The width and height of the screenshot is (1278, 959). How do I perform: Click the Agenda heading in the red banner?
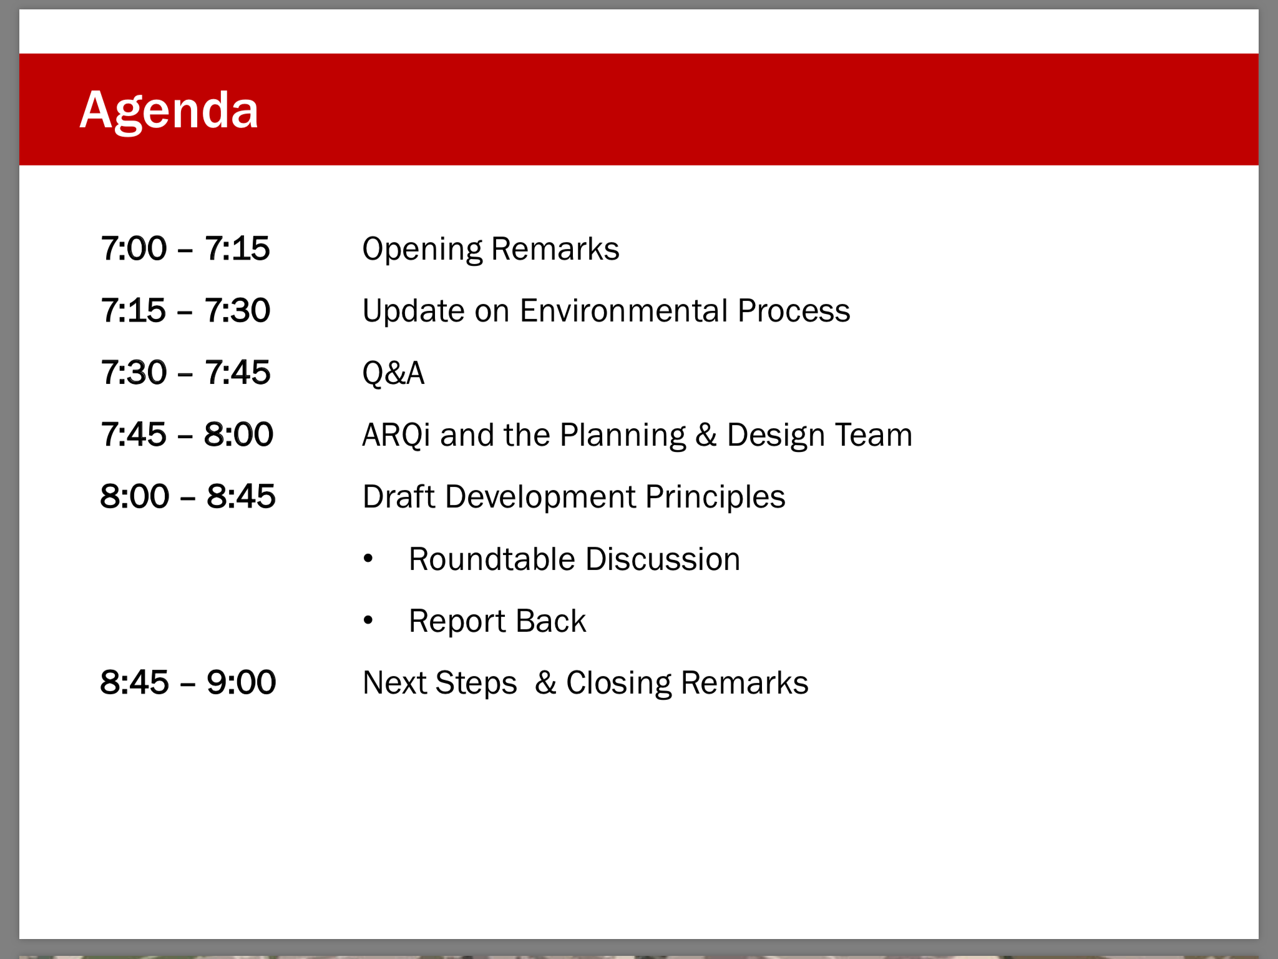[169, 111]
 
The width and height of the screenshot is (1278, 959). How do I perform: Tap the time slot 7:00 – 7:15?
[185, 248]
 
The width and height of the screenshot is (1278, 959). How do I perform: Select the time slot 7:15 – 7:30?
[185, 310]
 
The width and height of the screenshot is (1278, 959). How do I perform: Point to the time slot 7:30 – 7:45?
[185, 372]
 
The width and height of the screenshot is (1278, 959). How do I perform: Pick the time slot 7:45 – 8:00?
[187, 434]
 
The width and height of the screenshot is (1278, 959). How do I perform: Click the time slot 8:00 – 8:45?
[188, 496]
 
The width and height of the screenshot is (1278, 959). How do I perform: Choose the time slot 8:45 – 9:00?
[188, 682]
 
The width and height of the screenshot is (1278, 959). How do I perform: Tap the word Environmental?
[623, 310]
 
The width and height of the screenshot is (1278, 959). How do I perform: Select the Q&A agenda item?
[393, 373]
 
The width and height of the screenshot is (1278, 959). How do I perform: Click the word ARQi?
[396, 435]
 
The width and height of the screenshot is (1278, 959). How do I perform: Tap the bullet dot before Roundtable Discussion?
[368, 558]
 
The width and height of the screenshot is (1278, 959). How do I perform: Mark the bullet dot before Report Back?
[368, 620]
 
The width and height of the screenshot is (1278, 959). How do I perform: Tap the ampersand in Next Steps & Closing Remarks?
[545, 682]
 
